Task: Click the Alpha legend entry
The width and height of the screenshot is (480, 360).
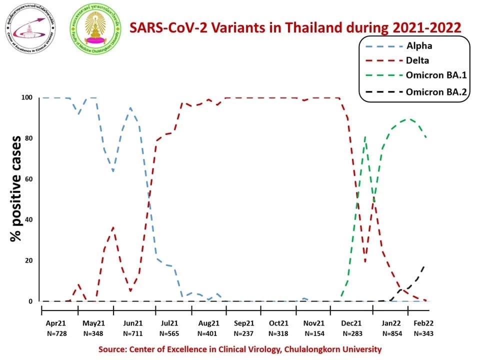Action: tap(419, 46)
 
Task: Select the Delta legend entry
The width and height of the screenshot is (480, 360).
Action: tap(419, 61)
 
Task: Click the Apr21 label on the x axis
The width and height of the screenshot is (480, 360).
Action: tap(56, 323)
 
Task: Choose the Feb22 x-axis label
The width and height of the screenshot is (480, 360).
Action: tap(423, 323)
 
